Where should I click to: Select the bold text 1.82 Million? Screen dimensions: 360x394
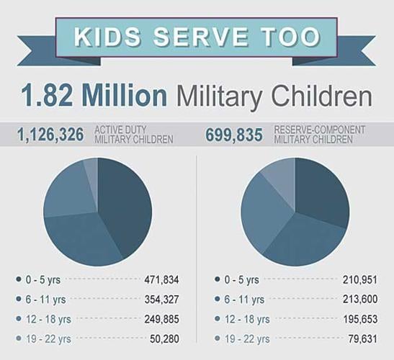[x=93, y=96]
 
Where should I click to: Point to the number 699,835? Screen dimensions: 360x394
[x=235, y=134]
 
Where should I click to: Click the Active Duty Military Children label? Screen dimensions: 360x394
[x=133, y=135]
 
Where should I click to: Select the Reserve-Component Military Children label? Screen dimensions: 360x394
[x=319, y=135]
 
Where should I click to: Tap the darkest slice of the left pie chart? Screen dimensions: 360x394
[x=126, y=202]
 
